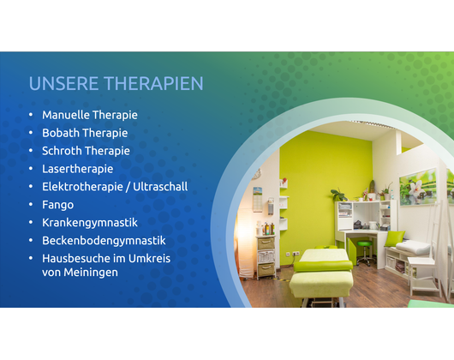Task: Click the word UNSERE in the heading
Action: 63,83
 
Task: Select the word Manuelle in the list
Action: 66,115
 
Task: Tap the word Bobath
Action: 61,133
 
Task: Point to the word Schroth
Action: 62,151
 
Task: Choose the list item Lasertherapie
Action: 78,169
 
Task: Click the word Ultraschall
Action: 160,187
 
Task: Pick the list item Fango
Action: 58,205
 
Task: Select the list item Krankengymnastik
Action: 90,223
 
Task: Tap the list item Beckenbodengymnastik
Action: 104,241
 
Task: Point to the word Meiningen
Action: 91,273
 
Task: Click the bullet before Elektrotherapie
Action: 31,187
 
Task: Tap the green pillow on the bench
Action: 394,238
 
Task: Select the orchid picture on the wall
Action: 418,187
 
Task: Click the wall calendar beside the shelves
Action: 257,199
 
